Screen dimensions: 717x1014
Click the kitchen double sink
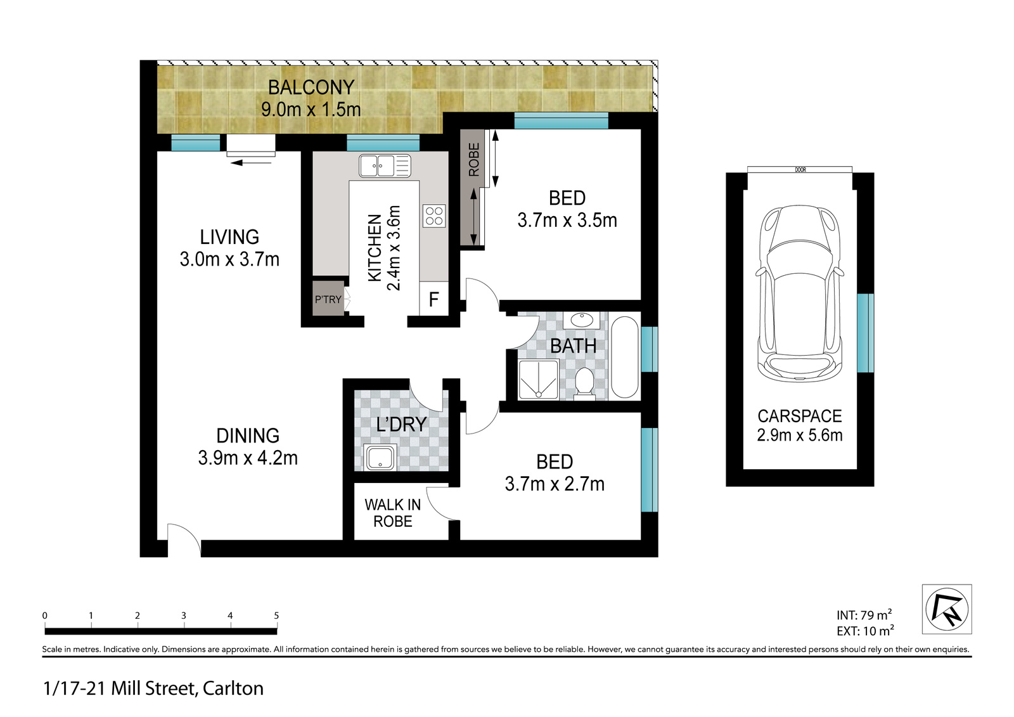[x=384, y=166]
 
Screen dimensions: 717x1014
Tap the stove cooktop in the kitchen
[x=434, y=216]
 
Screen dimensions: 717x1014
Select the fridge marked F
[x=434, y=299]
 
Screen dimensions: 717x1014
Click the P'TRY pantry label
[x=328, y=299]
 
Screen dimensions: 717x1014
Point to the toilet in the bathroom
[x=584, y=383]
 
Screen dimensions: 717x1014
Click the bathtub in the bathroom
[x=624, y=357]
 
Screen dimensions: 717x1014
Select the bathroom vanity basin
[x=581, y=320]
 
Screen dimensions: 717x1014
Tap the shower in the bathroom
[x=538, y=379]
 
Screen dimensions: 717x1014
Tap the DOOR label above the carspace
[x=800, y=170]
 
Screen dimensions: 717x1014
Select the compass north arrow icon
[x=947, y=609]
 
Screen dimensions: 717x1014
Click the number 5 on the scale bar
[x=276, y=616]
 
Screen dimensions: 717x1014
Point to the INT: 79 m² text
[x=864, y=615]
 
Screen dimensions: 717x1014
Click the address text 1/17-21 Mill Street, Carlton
[x=153, y=688]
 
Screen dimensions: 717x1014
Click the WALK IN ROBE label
[x=392, y=513]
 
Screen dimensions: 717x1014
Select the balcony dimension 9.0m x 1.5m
[x=311, y=110]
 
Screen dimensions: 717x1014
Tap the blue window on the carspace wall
[x=865, y=333]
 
